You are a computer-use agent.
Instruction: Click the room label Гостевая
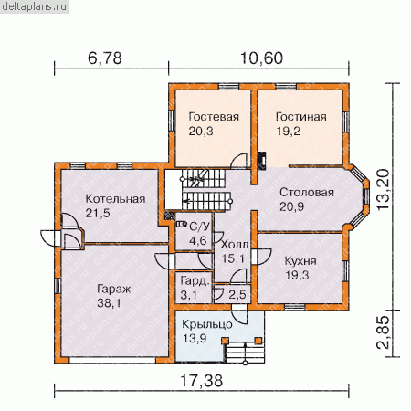[214, 117]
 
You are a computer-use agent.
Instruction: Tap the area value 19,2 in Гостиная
[288, 132]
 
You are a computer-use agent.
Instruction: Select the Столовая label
[307, 193]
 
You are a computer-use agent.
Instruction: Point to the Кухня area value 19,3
[297, 275]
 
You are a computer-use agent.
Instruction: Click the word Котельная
[115, 199]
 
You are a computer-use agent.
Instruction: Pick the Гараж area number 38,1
[109, 303]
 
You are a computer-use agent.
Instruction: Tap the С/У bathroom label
[200, 227]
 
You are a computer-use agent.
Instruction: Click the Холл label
[235, 245]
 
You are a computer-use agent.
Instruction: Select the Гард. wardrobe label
[195, 280]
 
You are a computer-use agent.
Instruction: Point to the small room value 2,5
[237, 294]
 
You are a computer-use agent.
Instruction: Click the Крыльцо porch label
[207, 324]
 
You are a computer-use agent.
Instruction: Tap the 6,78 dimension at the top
[105, 58]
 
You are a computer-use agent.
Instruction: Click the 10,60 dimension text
[262, 58]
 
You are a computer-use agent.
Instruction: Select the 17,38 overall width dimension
[202, 381]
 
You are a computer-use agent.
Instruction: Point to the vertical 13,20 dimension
[383, 189]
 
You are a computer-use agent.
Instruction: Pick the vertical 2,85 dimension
[383, 332]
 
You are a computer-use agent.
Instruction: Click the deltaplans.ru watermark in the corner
[34, 6]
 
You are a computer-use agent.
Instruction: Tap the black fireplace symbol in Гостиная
[262, 160]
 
